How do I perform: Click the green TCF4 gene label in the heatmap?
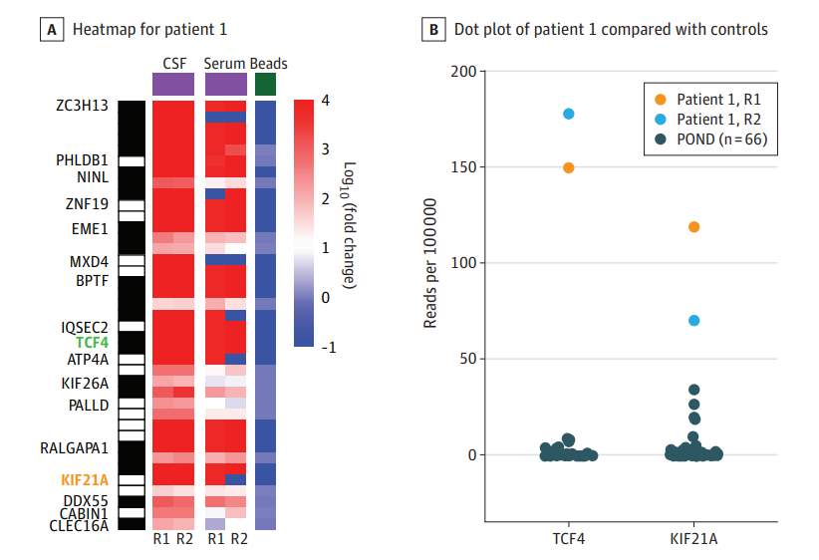[x=92, y=342]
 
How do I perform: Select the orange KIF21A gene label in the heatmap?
[x=85, y=480]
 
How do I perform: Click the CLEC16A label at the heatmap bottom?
[x=79, y=524]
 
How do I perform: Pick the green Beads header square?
[x=266, y=84]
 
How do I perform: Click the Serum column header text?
[x=225, y=64]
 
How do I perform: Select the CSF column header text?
[x=174, y=64]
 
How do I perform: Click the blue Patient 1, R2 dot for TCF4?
[x=569, y=114]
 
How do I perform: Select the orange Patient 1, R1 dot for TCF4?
[x=569, y=167]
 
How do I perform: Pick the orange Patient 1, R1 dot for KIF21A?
[x=694, y=227]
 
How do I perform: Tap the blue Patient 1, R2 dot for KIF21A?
[x=694, y=320]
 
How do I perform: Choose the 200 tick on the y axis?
[x=461, y=72]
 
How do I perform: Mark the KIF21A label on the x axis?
[x=694, y=538]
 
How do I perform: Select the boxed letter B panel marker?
[x=434, y=30]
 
